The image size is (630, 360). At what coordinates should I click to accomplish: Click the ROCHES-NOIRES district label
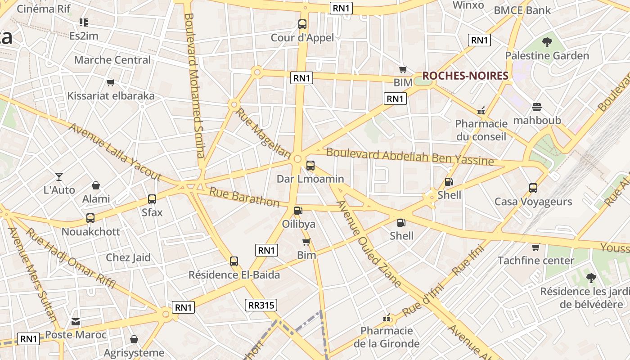pos(465,76)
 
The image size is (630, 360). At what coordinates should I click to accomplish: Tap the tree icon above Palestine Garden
pos(547,43)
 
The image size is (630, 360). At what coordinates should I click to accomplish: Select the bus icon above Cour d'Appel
pos(302,24)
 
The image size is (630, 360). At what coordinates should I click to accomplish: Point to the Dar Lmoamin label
pos(310,179)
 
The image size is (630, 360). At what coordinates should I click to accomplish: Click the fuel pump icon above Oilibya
pos(298,210)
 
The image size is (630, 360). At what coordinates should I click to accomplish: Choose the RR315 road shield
pos(261,305)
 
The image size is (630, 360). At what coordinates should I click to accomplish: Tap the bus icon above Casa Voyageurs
pos(533,188)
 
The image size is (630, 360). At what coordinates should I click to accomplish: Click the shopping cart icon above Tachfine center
pos(535,247)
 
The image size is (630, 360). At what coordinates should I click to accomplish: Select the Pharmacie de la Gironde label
pos(387,337)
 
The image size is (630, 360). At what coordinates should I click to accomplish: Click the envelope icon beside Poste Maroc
pos(76,322)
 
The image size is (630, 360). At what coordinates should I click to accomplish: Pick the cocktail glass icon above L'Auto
pos(59,176)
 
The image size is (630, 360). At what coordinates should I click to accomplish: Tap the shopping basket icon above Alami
pos(96,185)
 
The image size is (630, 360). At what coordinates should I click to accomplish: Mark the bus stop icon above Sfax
pos(152,199)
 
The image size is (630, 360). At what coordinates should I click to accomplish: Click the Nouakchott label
pos(91,232)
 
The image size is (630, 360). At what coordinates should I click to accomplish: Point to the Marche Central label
pos(112,60)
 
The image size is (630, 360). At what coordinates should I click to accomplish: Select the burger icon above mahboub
pos(537,107)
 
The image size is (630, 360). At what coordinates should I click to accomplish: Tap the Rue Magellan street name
pos(263,133)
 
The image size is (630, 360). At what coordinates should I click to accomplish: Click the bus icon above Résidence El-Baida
pos(234,261)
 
